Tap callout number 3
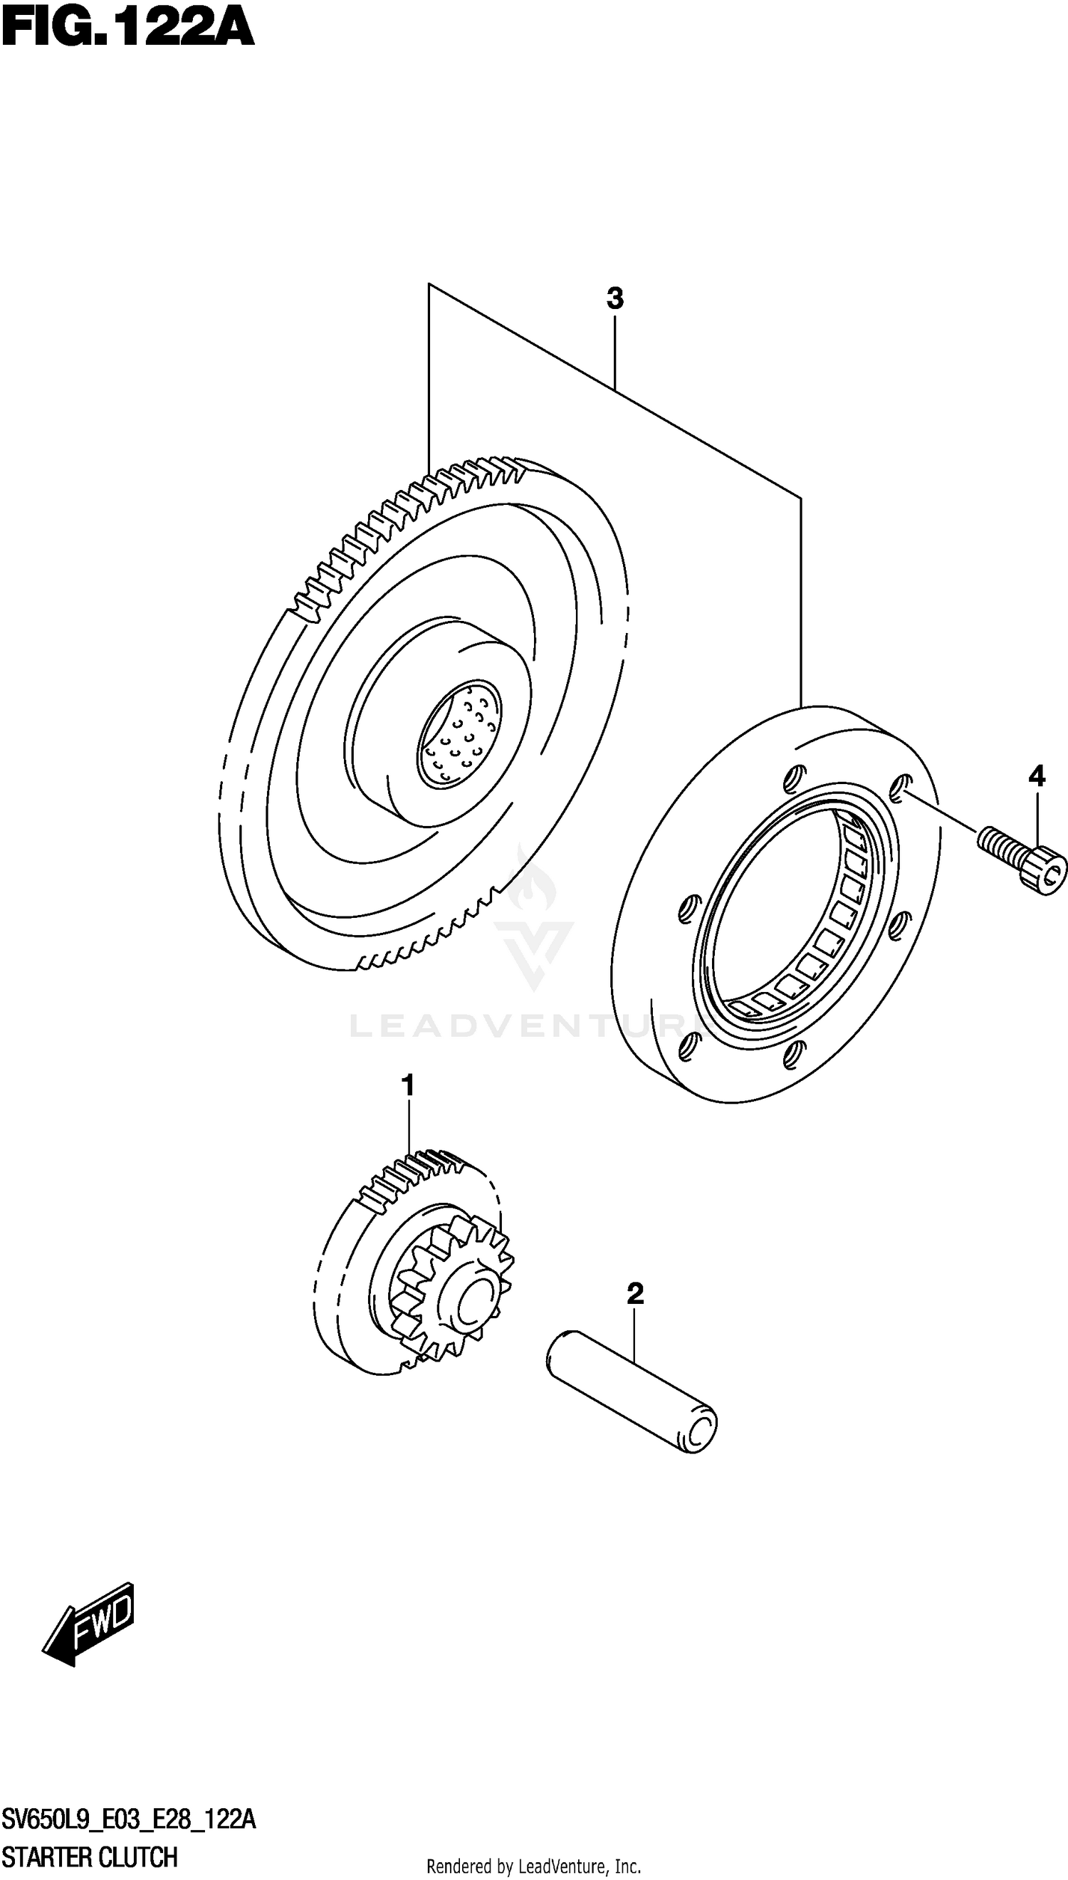point(614,298)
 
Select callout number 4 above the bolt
point(1036,776)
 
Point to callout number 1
point(408,1085)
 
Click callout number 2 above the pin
point(635,1293)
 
